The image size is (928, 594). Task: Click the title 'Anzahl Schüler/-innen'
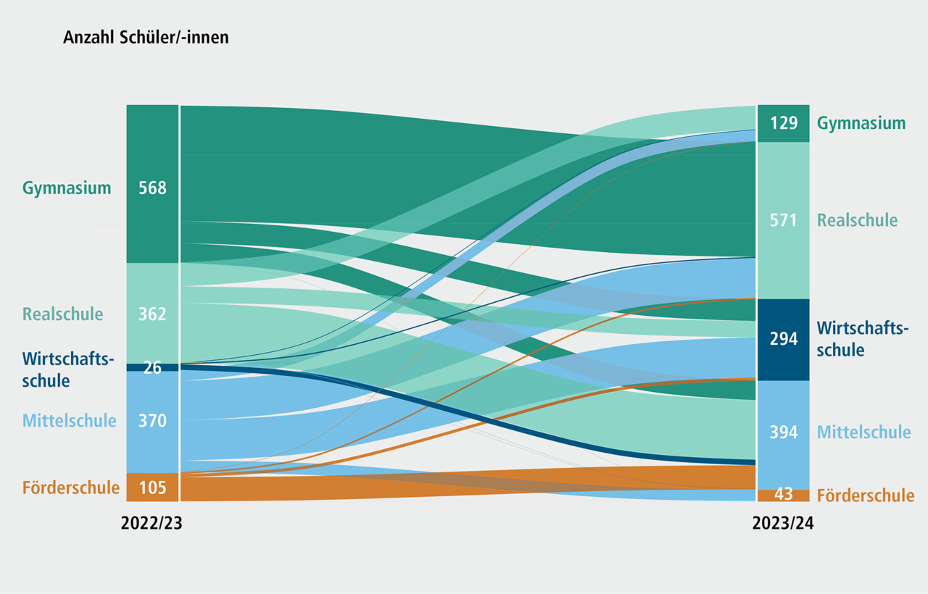point(146,38)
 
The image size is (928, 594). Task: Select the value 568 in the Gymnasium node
point(152,188)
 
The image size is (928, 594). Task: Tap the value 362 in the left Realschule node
point(152,314)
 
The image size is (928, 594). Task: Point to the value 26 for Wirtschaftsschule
point(152,367)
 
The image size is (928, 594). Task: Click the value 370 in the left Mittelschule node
point(152,421)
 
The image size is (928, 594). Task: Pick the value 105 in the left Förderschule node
point(152,488)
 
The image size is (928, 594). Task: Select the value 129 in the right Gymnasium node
point(784,123)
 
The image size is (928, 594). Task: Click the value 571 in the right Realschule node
point(784,220)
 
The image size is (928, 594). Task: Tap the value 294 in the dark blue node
point(784,339)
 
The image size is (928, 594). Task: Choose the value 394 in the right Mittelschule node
point(784,432)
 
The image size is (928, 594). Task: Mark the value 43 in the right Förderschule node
point(784,494)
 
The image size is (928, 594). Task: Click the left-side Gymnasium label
point(67,188)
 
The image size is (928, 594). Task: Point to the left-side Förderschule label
point(71,488)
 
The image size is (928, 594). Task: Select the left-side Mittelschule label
point(69,421)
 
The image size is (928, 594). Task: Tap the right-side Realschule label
point(857,220)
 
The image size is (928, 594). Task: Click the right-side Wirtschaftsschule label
point(863,339)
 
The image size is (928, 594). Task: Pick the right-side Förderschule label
point(866,495)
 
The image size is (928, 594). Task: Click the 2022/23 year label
point(152,523)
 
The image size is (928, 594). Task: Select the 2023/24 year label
point(783,523)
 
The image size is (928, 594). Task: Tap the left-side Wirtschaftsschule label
point(68,369)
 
